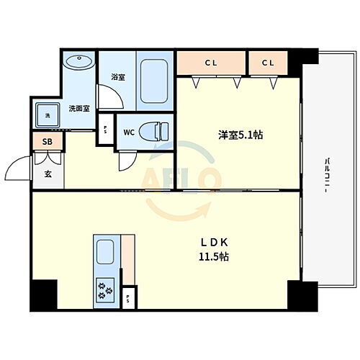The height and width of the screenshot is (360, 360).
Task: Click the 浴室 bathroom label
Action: click(x=119, y=76)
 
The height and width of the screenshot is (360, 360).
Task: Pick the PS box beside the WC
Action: click(x=106, y=131)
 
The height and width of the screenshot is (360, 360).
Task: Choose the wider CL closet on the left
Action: click(x=211, y=63)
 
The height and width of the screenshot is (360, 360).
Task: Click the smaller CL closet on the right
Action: click(x=268, y=63)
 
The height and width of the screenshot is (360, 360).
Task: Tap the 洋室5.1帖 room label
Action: click(x=240, y=135)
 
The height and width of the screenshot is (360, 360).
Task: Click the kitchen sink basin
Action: click(x=105, y=253)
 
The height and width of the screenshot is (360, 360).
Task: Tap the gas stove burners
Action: click(x=105, y=290)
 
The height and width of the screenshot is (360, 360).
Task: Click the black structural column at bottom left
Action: click(x=42, y=294)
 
